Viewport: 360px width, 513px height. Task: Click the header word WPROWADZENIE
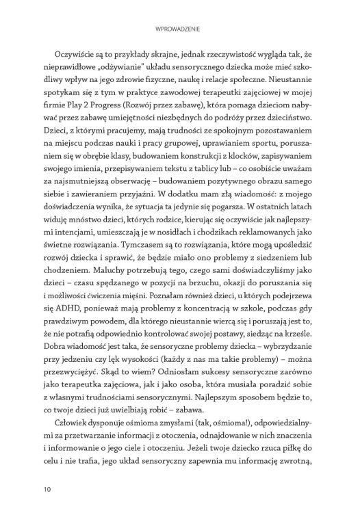click(180, 29)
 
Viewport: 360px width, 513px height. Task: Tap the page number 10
click(46, 489)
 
